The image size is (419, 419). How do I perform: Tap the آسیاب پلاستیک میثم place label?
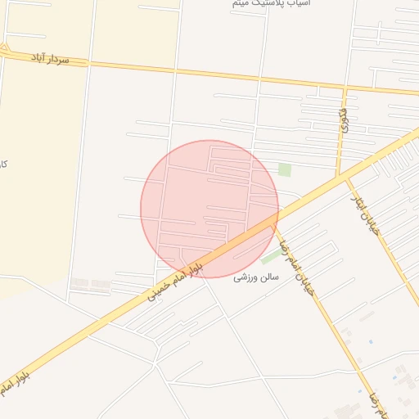click(260, 4)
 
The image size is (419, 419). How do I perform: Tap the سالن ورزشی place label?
click(256, 277)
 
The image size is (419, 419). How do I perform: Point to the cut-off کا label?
click(4, 164)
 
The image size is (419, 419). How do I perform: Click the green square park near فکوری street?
click(284, 169)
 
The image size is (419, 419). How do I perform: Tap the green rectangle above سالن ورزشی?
click(271, 257)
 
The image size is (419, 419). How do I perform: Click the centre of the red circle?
click(209, 209)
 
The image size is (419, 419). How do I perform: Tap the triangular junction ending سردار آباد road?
click(4, 50)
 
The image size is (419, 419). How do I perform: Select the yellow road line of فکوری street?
click(340, 139)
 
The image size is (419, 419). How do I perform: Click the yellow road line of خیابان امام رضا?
click(327, 311)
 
